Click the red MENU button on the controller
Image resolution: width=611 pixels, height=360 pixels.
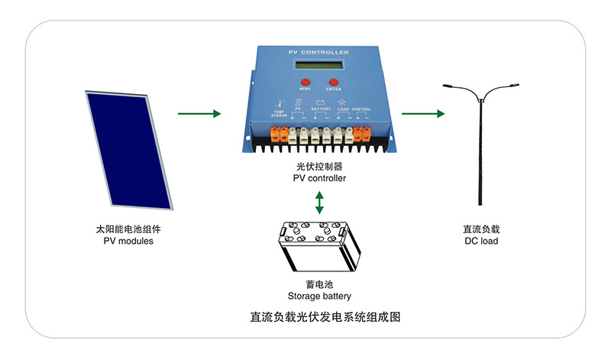click(305, 81)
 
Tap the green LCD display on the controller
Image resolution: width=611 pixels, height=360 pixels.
click(319, 64)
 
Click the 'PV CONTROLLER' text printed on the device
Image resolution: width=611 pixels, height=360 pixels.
click(318, 52)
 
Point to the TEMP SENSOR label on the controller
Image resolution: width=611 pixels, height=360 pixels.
click(279, 112)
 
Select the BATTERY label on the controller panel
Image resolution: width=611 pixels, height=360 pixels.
click(321, 109)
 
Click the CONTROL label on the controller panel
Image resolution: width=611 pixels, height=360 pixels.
click(362, 109)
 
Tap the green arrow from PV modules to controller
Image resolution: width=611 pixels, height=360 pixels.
click(199, 114)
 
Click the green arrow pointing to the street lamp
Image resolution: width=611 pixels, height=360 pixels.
click(423, 114)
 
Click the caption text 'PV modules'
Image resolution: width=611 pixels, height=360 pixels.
click(128, 241)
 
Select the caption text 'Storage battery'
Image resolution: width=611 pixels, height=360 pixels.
click(319, 296)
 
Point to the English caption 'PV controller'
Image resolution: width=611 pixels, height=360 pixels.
click(319, 178)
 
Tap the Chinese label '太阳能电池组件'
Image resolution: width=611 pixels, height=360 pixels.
click(128, 229)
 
